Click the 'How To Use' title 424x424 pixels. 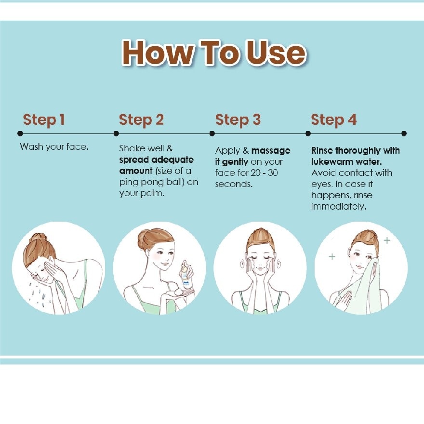(213, 53)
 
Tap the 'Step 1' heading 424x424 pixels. (44, 120)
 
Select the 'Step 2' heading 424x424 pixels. (142, 120)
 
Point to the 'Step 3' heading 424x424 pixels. (238, 120)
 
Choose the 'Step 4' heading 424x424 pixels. (334, 120)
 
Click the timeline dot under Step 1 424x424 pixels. (20, 133)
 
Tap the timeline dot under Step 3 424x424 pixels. (212, 133)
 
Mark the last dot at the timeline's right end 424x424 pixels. (404, 133)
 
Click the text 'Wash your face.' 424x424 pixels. (54, 147)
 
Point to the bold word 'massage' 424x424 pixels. (271, 151)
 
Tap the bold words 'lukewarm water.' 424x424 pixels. (346, 162)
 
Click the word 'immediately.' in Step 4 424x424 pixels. (339, 207)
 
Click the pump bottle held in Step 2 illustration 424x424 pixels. (186, 275)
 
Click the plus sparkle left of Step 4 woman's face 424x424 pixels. (332, 256)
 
